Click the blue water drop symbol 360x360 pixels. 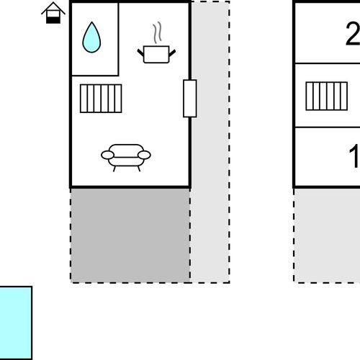tap(91, 38)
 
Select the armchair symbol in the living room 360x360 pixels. tap(126, 158)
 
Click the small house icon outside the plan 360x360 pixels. tap(53, 13)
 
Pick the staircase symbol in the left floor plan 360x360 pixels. tap(101, 99)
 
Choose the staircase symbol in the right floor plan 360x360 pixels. tap(327, 96)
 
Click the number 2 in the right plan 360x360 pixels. tap(353, 34)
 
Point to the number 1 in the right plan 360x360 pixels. tap(354, 156)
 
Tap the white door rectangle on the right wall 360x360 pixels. tap(190, 99)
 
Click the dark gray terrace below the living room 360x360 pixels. tap(130, 235)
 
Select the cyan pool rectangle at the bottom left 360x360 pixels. tap(15, 323)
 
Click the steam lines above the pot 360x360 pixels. tap(157, 32)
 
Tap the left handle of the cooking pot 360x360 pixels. tap(140, 53)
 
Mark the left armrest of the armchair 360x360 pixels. tap(107, 155)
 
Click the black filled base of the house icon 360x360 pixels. tap(53, 20)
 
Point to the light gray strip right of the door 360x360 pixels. tap(210, 142)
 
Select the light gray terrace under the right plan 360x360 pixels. tap(327, 235)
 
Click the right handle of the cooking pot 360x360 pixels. tap(172, 53)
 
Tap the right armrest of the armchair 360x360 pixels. tap(144, 155)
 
